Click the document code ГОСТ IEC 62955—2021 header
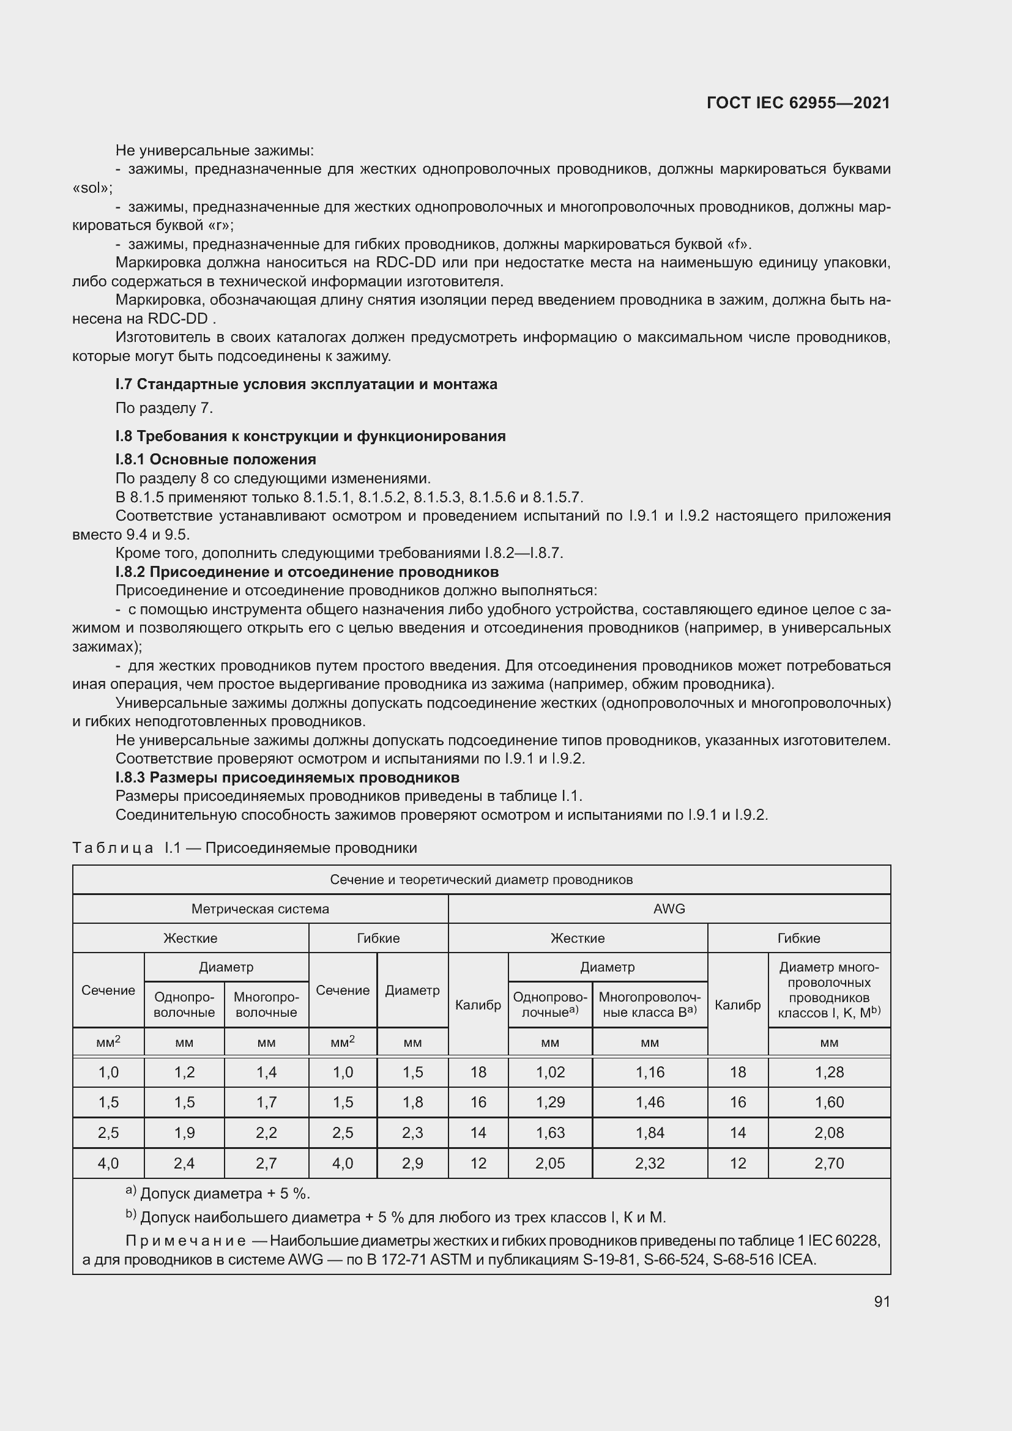pos(798,103)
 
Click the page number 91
pos(882,1301)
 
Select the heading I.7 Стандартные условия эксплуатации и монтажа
pos(306,384)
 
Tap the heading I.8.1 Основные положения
pos(215,459)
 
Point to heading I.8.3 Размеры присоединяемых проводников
pos(288,777)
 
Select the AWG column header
pos(669,909)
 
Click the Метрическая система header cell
pos(260,909)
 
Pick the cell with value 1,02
pos(549,1072)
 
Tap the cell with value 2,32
pos(649,1163)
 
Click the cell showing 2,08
pos(829,1132)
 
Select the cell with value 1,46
pos(649,1102)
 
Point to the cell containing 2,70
pos(829,1163)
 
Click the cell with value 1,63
pos(549,1132)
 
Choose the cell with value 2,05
pos(549,1163)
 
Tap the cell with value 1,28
pos(829,1072)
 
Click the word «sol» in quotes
pos(92,188)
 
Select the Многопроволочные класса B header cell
pos(649,1005)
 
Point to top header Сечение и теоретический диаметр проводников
pos(481,879)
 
